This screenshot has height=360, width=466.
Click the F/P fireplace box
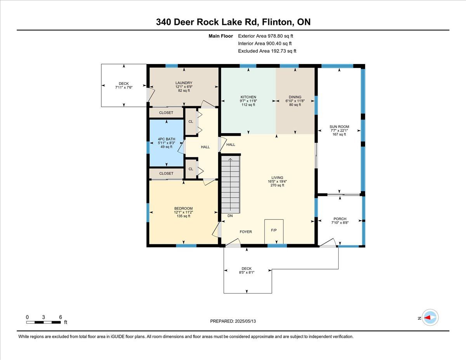tap(274, 231)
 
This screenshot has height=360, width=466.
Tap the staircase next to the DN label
tap(230, 184)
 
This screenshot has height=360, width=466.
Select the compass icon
tap(430, 318)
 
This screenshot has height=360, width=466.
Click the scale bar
tap(43, 322)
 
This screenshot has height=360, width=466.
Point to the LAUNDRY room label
tap(184, 83)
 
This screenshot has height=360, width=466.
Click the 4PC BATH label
tap(167, 139)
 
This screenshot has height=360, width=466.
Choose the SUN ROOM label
tap(339, 127)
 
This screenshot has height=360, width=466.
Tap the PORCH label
tap(340, 219)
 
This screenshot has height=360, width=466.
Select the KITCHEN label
tap(248, 97)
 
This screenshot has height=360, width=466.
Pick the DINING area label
tap(295, 97)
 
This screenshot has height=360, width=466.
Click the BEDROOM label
tap(183, 209)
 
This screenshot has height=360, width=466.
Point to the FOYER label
tap(246, 232)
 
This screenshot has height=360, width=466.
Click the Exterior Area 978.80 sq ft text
tap(266, 36)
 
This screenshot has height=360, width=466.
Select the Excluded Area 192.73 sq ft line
tap(267, 51)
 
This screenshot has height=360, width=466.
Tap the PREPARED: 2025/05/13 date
tap(233, 321)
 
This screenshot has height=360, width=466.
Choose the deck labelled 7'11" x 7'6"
tap(124, 85)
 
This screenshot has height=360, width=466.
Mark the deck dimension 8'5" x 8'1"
tap(247, 273)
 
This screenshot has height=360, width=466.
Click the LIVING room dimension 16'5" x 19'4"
tap(277, 181)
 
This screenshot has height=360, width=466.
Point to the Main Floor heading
tap(221, 36)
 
